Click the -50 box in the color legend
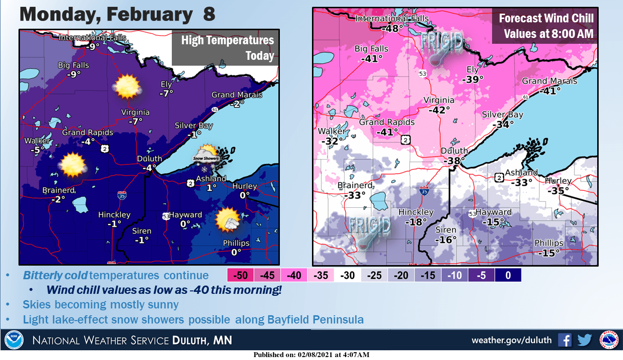tap(240, 275)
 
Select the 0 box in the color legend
tap(508, 275)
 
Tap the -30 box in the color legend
tap(347, 275)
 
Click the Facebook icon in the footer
tap(565, 340)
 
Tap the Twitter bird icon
tap(585, 340)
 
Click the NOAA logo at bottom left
tap(14, 340)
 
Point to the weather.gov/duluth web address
tap(511, 340)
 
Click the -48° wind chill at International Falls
tap(392, 28)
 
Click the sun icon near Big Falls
tap(128, 86)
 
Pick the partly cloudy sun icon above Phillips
tap(228, 219)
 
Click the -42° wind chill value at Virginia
tap(439, 110)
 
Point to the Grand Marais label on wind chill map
tap(550, 81)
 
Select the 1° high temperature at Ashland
tap(211, 187)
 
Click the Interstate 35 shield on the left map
tap(121, 196)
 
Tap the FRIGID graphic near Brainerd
tap(370, 230)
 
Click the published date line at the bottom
tap(311, 355)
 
